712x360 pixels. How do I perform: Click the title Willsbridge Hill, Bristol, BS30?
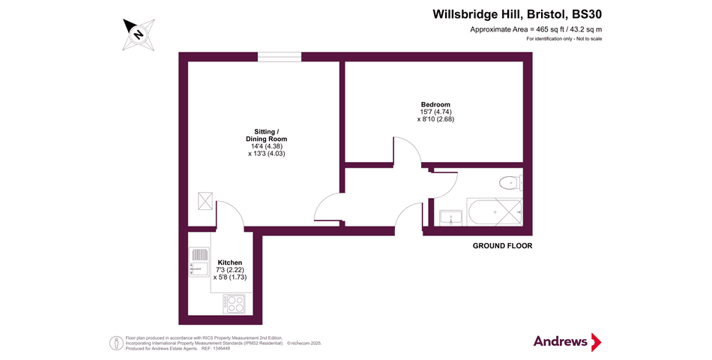point(517,13)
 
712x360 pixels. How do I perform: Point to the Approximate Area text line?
point(535,29)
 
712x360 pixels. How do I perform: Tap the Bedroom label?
point(435,104)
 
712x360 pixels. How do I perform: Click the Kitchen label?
point(230,262)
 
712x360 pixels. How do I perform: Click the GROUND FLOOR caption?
point(501,246)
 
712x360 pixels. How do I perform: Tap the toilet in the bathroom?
point(511,182)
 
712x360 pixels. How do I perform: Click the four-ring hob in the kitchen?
point(235,304)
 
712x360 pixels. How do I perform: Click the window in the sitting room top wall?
point(280,56)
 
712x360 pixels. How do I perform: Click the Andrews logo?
point(567,341)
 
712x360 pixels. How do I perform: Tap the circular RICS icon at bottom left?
point(116,342)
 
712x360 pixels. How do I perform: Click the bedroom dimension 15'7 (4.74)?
point(435,112)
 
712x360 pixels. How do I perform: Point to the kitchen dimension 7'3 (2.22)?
point(230,269)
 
